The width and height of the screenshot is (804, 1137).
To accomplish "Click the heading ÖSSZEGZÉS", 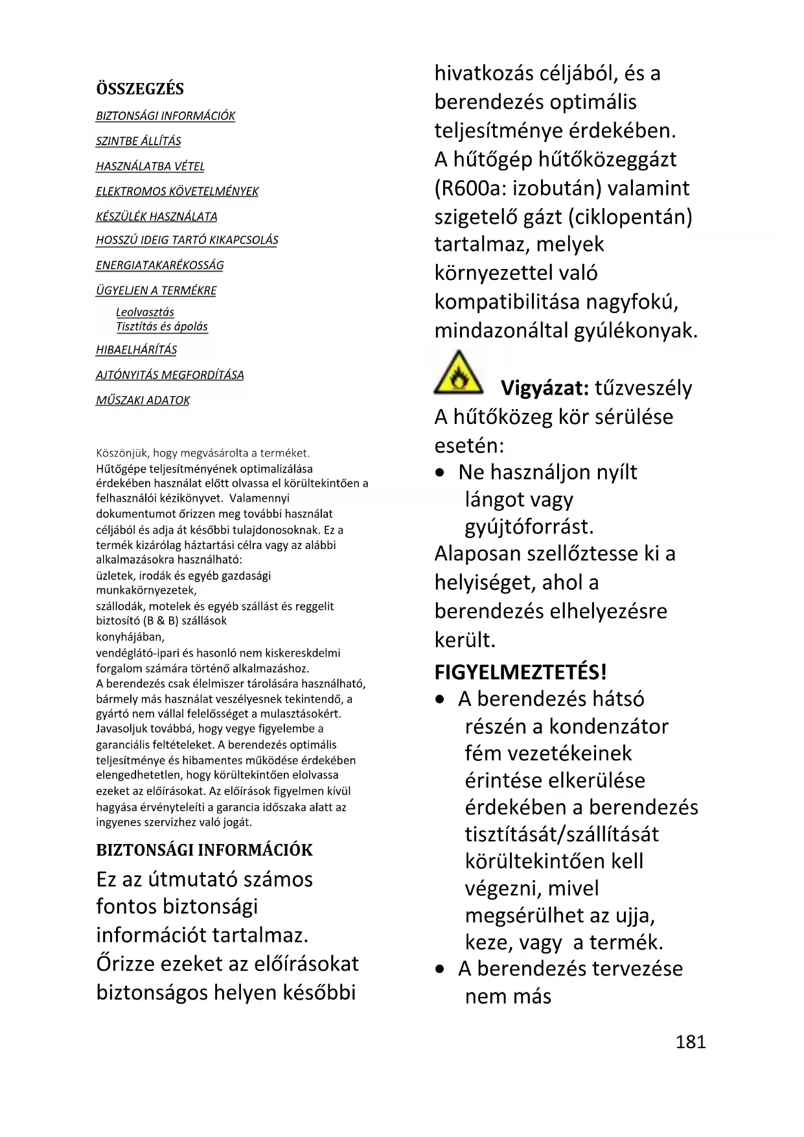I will click(140, 89).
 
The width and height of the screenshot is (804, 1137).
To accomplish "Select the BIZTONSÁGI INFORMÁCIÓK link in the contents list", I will click(165, 116).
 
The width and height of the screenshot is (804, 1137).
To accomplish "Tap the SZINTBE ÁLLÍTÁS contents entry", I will click(138, 141).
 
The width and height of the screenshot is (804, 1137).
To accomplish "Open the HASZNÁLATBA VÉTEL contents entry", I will click(150, 167).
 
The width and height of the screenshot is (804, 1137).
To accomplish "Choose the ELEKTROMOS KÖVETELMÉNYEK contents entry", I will click(177, 192).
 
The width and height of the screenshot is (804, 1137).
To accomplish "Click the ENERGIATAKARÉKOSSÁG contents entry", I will click(159, 266).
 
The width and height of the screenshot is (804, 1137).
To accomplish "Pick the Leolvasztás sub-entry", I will click(145, 312).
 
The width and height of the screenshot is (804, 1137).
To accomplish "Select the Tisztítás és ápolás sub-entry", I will click(162, 327).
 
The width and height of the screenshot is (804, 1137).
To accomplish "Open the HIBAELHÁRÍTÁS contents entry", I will click(136, 350).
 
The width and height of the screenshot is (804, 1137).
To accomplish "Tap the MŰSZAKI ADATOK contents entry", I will click(143, 401).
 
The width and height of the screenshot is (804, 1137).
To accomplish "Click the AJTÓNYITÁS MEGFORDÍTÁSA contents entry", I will click(170, 375).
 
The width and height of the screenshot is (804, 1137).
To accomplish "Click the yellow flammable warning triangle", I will click(458, 374).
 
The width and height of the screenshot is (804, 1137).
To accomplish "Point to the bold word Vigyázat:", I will click(544, 388).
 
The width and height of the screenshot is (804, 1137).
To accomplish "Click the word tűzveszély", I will click(643, 388).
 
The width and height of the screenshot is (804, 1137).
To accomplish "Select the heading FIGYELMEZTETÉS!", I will click(520, 672).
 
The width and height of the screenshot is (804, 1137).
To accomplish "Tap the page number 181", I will click(691, 1042).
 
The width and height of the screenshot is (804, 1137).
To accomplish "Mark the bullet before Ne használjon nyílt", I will click(441, 473).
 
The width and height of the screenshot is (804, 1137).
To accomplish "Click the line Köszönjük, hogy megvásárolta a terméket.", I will click(203, 453).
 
